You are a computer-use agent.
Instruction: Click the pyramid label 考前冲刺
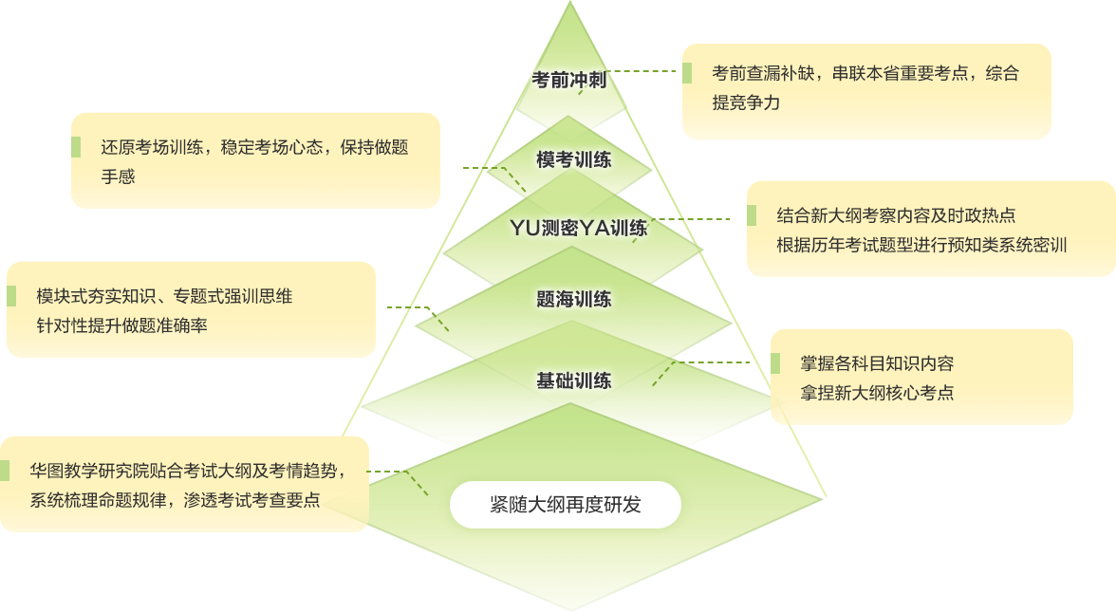point(568,81)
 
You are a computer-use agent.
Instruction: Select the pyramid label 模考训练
point(573,159)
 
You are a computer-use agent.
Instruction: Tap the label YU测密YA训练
point(579,228)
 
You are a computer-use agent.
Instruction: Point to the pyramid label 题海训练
point(573,300)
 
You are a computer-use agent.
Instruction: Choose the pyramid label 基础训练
point(573,381)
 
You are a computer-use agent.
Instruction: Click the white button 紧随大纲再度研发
point(566,505)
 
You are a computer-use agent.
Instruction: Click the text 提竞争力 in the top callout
point(746,102)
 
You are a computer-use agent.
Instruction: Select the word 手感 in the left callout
point(119,176)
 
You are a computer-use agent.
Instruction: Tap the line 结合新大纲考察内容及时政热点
point(896,215)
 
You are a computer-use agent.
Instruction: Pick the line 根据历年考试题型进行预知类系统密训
point(921,245)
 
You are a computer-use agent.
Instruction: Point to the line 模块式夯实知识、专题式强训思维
point(164,296)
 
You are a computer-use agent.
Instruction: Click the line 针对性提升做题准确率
point(121,325)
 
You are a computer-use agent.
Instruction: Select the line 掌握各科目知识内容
point(877,363)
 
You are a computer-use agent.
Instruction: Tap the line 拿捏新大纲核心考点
point(877,393)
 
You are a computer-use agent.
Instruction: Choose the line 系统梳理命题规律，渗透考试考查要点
point(175,500)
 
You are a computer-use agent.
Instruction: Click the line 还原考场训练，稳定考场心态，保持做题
point(254,147)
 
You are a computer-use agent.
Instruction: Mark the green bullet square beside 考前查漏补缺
point(686,73)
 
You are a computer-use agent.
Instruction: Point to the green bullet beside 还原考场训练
point(75,147)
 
